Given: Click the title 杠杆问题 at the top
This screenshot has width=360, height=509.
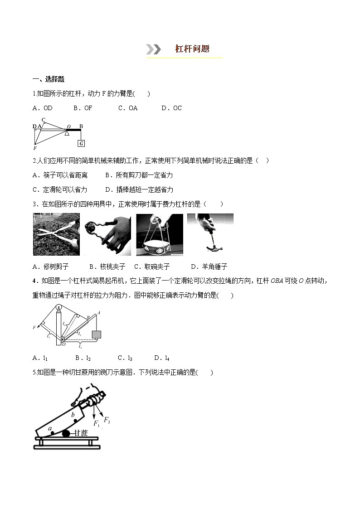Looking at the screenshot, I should coord(192,49).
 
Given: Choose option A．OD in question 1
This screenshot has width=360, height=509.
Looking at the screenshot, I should coord(43,108).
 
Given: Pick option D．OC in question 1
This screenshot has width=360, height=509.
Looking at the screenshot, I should coord(171,108).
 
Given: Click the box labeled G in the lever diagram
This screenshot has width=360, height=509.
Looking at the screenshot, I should coord(81,143).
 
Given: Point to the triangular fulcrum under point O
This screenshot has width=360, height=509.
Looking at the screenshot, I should coord(67,132).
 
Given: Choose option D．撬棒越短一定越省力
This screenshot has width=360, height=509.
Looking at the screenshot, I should coord(139,189).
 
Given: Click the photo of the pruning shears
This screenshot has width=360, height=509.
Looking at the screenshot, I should coord(56,234).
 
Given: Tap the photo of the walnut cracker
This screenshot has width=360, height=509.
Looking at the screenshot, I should coord(107,234).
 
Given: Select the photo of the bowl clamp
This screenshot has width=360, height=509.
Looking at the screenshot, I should coord(159,234).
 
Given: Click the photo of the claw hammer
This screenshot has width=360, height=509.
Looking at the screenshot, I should coord(210,234).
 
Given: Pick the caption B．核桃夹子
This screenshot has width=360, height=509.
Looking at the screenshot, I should coord(107,267).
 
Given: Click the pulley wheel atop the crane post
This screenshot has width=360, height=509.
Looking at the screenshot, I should coord(58,310).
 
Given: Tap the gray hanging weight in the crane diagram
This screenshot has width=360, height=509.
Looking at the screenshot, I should coord(96,335).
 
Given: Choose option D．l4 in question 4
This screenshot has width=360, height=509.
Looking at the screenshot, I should coord(162,358).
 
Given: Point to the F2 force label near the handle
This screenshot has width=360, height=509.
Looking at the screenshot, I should coord(107,420).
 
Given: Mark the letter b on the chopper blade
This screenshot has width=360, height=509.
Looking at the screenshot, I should coord(73,414).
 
